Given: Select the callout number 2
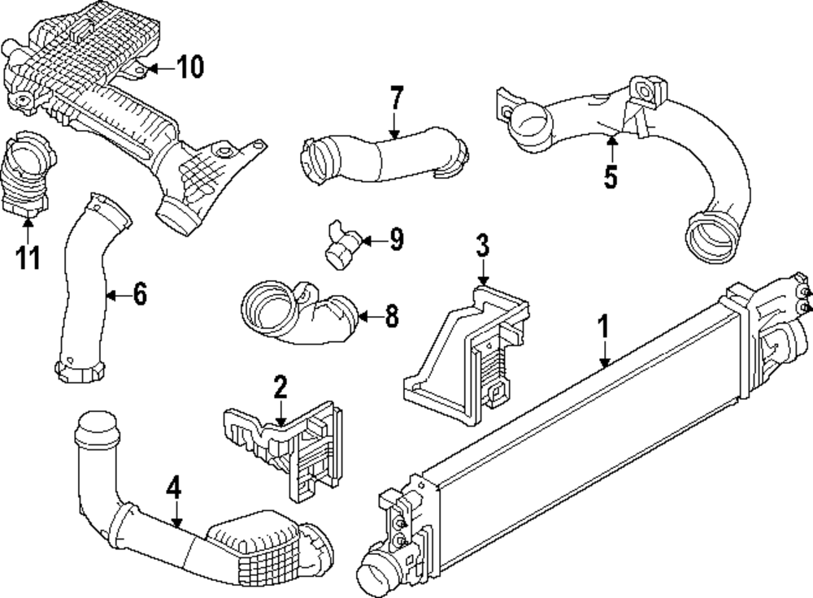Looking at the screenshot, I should click(x=280, y=388).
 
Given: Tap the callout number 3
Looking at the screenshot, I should click(x=483, y=244).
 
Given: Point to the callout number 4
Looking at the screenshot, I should click(x=173, y=488).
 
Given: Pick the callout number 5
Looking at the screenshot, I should click(x=611, y=176).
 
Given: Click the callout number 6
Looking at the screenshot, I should click(x=140, y=295).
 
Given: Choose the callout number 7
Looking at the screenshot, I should click(x=396, y=99).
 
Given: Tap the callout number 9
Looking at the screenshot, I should click(x=396, y=240).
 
